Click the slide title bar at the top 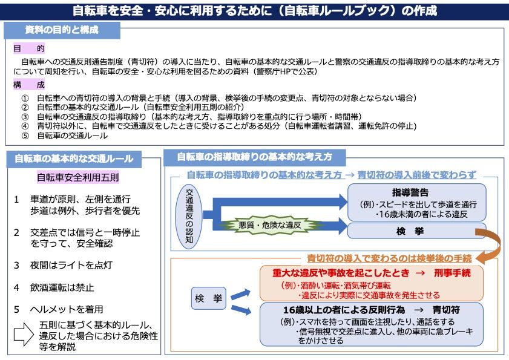pos(254,11)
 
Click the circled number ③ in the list pos(25,117)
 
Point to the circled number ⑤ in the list pos(25,136)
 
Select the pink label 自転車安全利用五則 pos(78,178)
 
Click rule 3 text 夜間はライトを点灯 pos(71,265)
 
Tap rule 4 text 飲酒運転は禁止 pos(63,287)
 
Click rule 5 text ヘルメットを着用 pos(67,309)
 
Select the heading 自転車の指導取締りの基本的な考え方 pos(254,157)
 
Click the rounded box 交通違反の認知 pos(189,215)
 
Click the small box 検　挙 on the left pos(208,298)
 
